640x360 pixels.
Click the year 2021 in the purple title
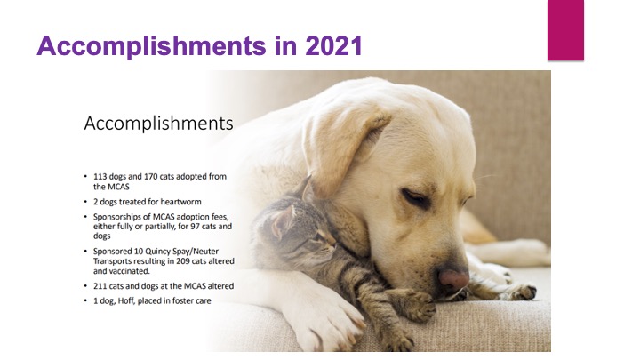333,45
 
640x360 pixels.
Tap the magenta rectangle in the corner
565,30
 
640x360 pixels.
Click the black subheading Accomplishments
158,124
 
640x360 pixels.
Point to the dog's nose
453,279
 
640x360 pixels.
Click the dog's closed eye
416,198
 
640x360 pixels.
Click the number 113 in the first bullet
100,177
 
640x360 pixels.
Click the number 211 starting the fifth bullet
100,286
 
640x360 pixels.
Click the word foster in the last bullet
183,300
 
